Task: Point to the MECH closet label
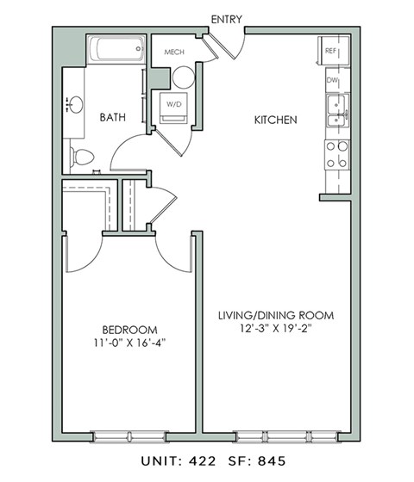coord(175,52)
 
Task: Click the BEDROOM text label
coord(129,330)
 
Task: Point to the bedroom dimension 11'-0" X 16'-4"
coord(129,343)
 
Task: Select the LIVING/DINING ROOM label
coord(274,316)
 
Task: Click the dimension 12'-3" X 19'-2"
coord(274,330)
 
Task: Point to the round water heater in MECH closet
coord(183,77)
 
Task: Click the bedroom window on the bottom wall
coord(129,436)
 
